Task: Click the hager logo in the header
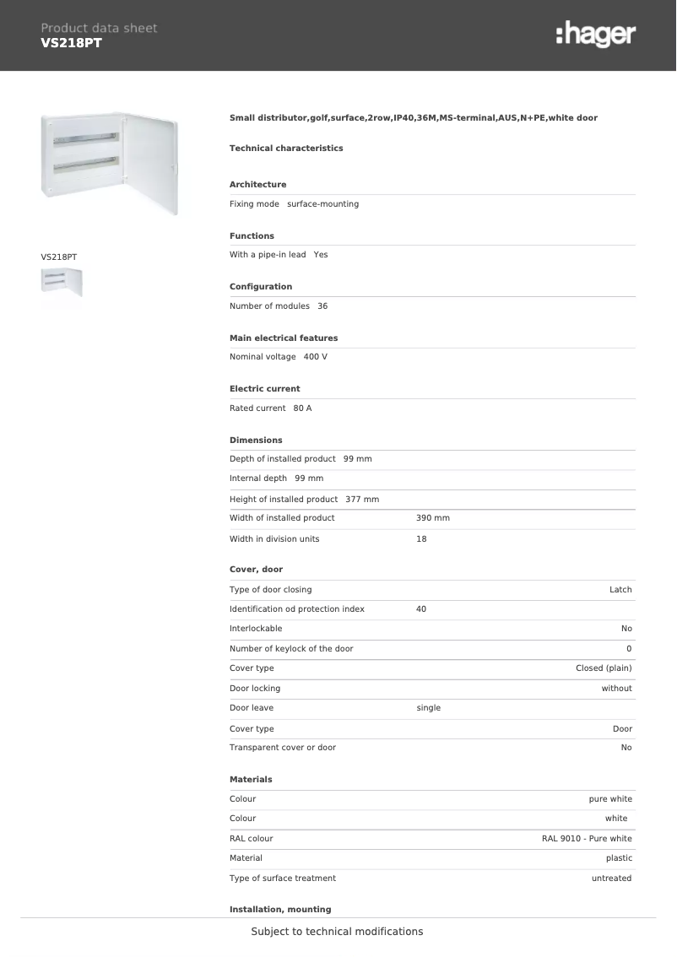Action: (x=596, y=35)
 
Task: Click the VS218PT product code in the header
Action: (x=71, y=43)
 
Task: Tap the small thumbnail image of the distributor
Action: (x=62, y=281)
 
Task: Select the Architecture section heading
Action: (x=257, y=184)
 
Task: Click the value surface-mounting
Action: (x=322, y=204)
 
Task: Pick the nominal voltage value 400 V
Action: (x=315, y=357)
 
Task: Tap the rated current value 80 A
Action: (x=302, y=408)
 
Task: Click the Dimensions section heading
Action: (x=256, y=440)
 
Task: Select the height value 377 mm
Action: (x=362, y=500)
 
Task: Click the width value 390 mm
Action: (x=432, y=518)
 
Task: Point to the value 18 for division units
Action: (x=421, y=539)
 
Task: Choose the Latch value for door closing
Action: (x=620, y=590)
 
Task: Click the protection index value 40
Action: (x=421, y=609)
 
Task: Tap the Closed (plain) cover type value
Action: (x=604, y=668)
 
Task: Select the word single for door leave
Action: (x=429, y=708)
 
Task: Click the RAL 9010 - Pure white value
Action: (x=587, y=839)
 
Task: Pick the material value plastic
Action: (x=619, y=858)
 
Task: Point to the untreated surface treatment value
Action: (x=611, y=879)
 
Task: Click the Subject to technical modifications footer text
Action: (x=337, y=932)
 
